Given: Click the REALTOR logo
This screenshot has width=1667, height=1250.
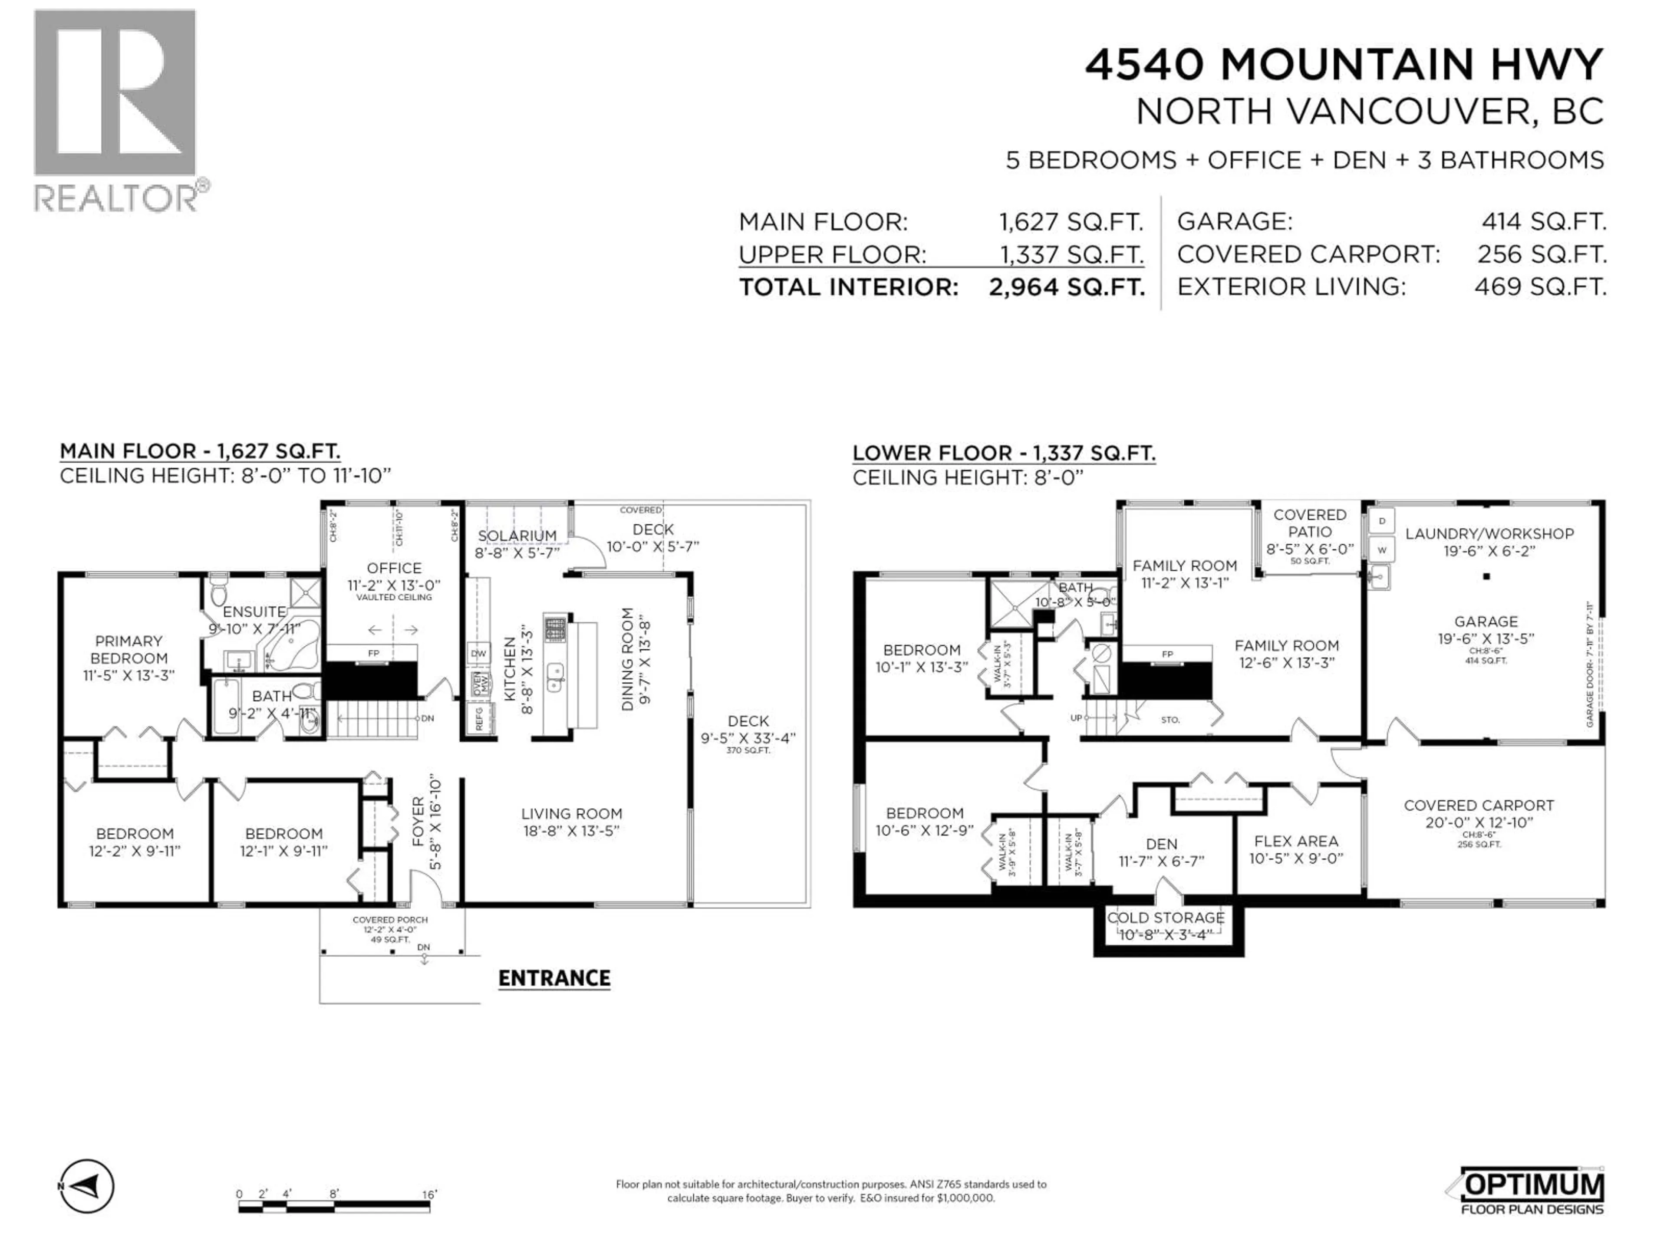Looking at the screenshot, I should point(117,109).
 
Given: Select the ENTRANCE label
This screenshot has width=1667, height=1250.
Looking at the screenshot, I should point(554,978).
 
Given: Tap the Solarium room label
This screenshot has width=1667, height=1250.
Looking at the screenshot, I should point(517,536).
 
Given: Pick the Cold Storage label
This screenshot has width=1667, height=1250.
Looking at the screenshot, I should point(1165,917).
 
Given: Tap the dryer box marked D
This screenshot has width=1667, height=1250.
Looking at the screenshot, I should point(1382,521).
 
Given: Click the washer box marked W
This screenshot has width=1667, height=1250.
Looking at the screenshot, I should point(1382,549).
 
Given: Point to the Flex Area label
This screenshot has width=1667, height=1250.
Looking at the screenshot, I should point(1296,841).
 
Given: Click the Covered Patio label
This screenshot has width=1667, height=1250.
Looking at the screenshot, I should point(1310,523).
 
